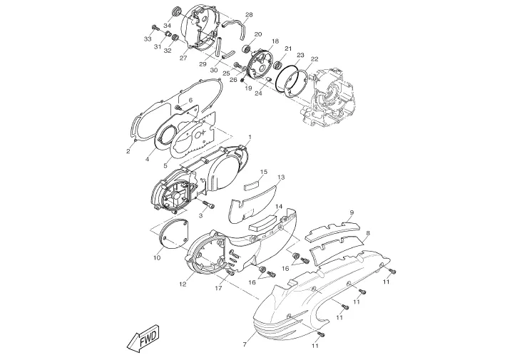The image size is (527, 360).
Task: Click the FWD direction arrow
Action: (143, 338)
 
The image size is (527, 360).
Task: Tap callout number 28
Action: (249, 15)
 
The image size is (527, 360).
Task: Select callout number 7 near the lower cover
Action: (245, 344)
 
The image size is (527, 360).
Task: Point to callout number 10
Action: (157, 258)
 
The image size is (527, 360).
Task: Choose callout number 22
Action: (314, 59)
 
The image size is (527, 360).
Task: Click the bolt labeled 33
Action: (155, 27)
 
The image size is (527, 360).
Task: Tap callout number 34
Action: (168, 26)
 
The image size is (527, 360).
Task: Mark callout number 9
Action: (352, 212)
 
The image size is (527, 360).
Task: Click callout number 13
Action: (281, 177)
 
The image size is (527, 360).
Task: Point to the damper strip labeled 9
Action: (332, 230)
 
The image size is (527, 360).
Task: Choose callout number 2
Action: (128, 151)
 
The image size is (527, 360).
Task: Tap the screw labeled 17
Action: (230, 272)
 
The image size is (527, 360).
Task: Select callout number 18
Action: (275, 41)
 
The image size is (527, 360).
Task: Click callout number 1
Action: (250, 137)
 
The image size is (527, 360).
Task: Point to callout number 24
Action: (258, 93)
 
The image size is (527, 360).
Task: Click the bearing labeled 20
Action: (246, 48)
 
